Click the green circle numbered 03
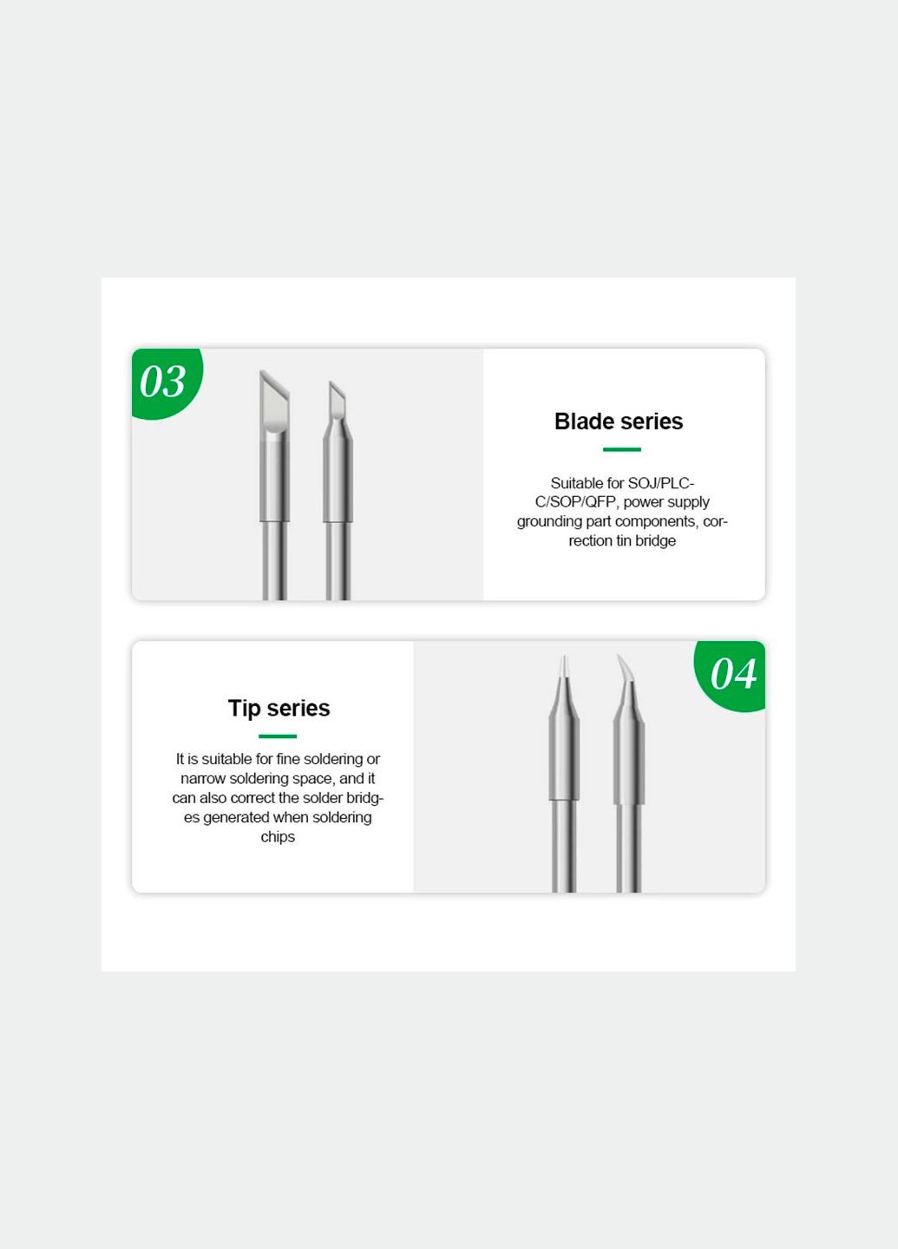pyautogui.click(x=166, y=382)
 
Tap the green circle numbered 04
pyautogui.click(x=731, y=675)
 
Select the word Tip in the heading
pyautogui.click(x=245, y=709)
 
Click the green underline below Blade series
pyautogui.click(x=621, y=449)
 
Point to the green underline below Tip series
pyautogui.click(x=278, y=736)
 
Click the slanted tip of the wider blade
pyautogui.click(x=261, y=371)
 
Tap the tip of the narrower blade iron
pyautogui.click(x=331, y=383)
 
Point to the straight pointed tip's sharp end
pyautogui.click(x=564, y=657)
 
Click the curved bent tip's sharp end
pyautogui.click(x=619, y=656)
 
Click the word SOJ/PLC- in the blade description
pyautogui.click(x=661, y=483)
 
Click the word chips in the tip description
pyautogui.click(x=278, y=837)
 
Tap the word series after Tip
pyautogui.click(x=298, y=709)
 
